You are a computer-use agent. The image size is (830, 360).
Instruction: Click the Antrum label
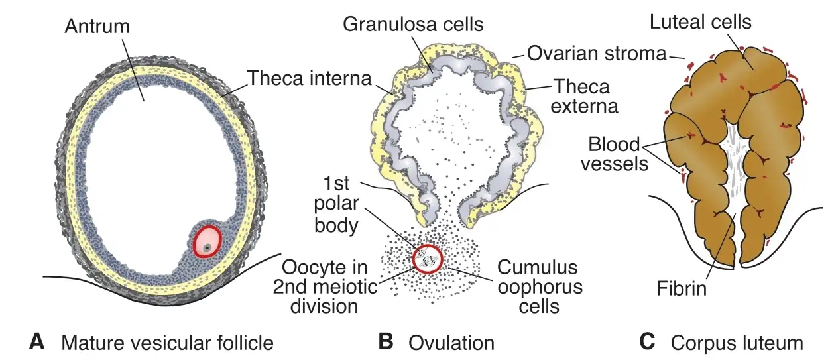(x=97, y=27)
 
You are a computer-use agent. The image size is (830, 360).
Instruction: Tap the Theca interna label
(x=310, y=78)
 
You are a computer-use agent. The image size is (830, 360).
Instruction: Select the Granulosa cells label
(x=413, y=24)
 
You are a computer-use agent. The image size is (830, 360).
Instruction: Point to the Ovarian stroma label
(x=597, y=53)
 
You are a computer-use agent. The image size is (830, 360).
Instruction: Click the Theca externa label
(x=584, y=97)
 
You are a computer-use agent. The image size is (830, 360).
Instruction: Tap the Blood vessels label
(x=615, y=154)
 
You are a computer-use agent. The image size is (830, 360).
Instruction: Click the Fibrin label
(x=682, y=288)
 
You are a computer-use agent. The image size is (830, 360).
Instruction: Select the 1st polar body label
(x=336, y=204)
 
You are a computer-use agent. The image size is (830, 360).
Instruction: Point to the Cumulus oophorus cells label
(x=540, y=286)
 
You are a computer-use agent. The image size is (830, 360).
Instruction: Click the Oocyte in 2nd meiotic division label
(x=325, y=286)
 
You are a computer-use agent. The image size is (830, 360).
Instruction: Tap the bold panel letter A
(x=37, y=341)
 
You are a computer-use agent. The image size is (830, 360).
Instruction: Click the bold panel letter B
(x=386, y=341)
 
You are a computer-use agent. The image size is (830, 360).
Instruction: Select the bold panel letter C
(x=647, y=341)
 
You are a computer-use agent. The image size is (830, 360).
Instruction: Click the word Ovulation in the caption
(x=451, y=343)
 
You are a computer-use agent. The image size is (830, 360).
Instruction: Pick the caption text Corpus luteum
(x=737, y=343)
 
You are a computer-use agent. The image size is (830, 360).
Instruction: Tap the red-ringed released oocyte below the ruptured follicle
(x=428, y=259)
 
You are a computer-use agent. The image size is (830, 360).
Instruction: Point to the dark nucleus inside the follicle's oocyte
(x=208, y=248)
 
